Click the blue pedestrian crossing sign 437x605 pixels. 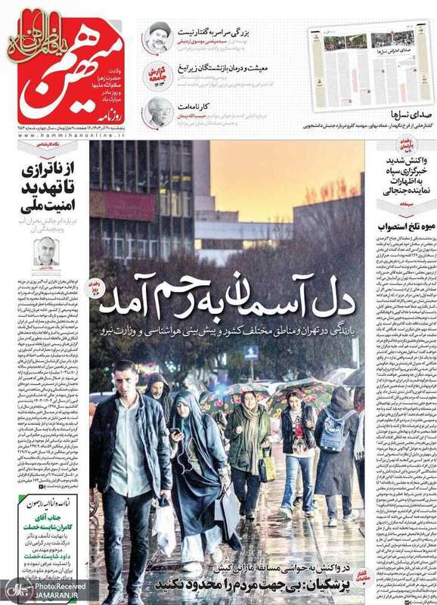point(251,352)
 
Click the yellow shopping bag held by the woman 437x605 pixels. point(268,470)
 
